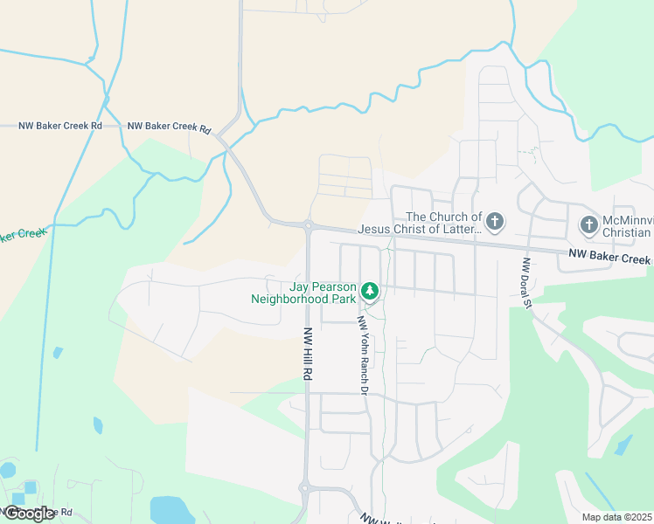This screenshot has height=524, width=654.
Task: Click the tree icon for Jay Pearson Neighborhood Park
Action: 371,289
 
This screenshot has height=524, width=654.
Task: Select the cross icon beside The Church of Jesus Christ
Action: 495,222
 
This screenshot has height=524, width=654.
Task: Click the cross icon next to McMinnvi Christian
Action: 588,225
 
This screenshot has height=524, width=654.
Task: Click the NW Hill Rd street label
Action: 307,353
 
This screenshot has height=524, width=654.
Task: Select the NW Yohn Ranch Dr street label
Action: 360,354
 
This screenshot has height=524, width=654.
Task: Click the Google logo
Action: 29,514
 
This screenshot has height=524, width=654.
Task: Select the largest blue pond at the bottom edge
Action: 171,510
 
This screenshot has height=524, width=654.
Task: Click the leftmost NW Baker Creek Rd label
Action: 59,126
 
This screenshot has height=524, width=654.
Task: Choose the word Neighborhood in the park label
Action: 303,299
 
